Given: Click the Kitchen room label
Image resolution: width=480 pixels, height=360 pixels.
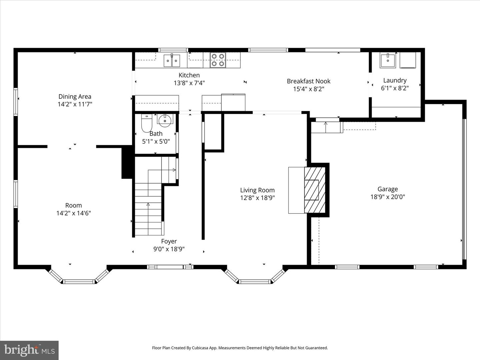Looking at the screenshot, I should (x=189, y=75).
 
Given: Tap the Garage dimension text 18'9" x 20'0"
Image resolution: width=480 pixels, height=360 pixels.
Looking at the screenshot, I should (x=387, y=197).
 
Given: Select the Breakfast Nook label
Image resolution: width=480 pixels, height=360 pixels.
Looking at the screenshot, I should (x=308, y=81).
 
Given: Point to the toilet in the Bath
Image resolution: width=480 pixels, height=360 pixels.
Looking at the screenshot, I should (x=147, y=123).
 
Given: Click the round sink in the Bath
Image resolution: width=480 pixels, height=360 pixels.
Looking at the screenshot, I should (x=165, y=120).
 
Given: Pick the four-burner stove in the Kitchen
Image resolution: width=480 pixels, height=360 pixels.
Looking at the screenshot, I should (x=218, y=60).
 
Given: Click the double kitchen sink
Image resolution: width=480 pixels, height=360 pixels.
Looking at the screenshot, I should (x=172, y=61).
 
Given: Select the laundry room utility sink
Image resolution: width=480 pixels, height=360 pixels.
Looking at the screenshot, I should (x=388, y=60).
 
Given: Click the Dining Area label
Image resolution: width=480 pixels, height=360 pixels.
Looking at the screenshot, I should (x=75, y=97).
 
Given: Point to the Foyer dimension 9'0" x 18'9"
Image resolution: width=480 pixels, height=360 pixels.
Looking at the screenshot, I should (x=169, y=249).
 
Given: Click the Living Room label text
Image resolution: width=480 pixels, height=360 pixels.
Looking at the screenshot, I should (x=257, y=190).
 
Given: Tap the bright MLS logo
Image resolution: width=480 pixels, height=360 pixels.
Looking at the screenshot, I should (x=29, y=350).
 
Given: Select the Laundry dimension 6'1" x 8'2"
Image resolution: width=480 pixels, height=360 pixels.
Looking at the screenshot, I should (x=395, y=88).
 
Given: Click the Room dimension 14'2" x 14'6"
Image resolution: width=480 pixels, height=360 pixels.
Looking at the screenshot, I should (x=73, y=213).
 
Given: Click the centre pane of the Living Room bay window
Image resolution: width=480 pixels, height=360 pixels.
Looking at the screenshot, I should (x=255, y=282).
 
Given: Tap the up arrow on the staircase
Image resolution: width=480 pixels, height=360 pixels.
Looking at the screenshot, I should (x=148, y=205).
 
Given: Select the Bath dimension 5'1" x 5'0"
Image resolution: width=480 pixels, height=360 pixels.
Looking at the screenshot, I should (x=156, y=141).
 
